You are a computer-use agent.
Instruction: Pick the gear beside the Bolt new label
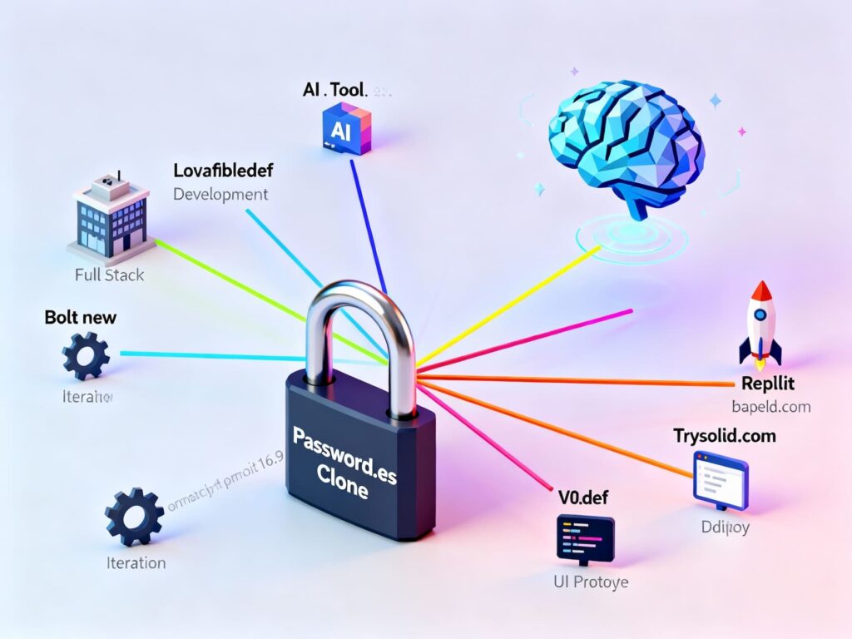(x=86, y=355)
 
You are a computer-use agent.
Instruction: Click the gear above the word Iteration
(x=133, y=516)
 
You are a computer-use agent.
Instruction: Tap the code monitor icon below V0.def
(x=585, y=537)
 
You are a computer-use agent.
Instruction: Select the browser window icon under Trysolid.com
(x=721, y=479)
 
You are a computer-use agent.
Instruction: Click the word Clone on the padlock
(x=343, y=489)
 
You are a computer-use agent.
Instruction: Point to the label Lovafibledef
(x=223, y=171)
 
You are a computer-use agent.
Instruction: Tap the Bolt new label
(x=81, y=317)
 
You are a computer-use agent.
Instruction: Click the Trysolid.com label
(x=724, y=435)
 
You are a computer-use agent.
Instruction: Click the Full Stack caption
(x=109, y=275)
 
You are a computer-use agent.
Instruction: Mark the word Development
(x=220, y=195)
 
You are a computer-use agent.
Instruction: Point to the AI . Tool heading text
(x=336, y=89)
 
